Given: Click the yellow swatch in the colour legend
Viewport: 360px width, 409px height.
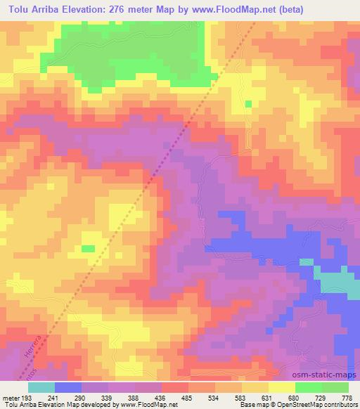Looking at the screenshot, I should tap(281, 388).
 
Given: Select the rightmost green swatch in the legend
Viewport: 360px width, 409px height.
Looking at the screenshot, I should tap(335, 388).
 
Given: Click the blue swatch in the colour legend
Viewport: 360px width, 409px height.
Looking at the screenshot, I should tap(68, 388).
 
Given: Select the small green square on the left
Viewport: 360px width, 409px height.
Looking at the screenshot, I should tap(88, 248).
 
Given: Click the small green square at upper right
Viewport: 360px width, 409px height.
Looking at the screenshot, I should tap(248, 104).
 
